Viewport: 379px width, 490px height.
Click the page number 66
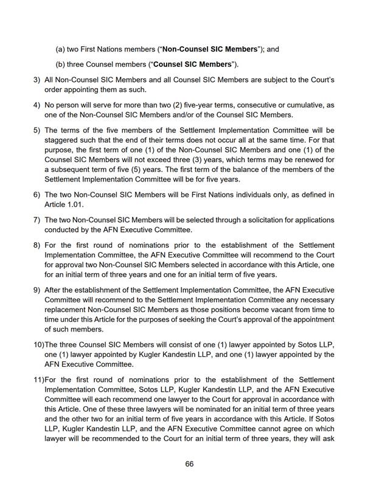click(x=189, y=464)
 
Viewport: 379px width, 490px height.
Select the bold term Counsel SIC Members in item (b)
click(x=192, y=64)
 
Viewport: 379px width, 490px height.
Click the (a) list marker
click(x=60, y=49)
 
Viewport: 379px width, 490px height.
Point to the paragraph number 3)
click(x=37, y=80)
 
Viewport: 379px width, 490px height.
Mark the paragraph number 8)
click(x=37, y=245)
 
